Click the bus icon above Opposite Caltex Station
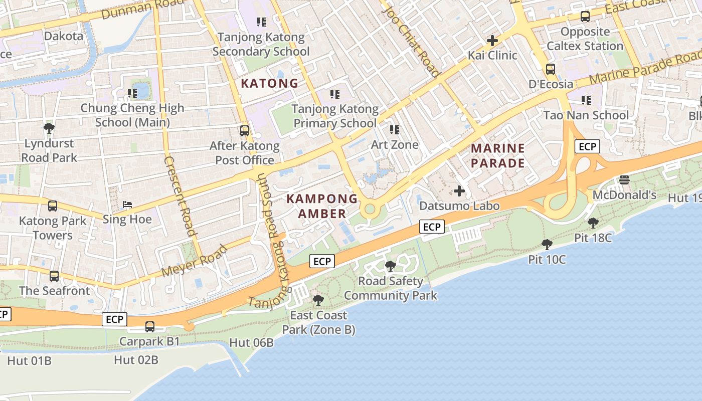click(x=585, y=17)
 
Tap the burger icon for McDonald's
click(x=624, y=179)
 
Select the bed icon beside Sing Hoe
click(x=127, y=205)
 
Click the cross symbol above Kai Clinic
click(x=492, y=40)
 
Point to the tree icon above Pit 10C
click(x=547, y=245)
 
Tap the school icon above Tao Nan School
click(x=586, y=100)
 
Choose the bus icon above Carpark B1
click(x=149, y=327)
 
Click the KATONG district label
click(x=270, y=83)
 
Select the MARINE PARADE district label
click(x=498, y=155)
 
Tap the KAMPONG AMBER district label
click(x=322, y=206)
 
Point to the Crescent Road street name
click(x=179, y=195)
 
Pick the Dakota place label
click(x=64, y=36)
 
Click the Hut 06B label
click(x=251, y=343)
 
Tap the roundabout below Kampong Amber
click(x=370, y=209)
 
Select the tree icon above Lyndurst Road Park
click(x=49, y=128)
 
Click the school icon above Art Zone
click(x=395, y=130)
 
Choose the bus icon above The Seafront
click(x=54, y=276)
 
